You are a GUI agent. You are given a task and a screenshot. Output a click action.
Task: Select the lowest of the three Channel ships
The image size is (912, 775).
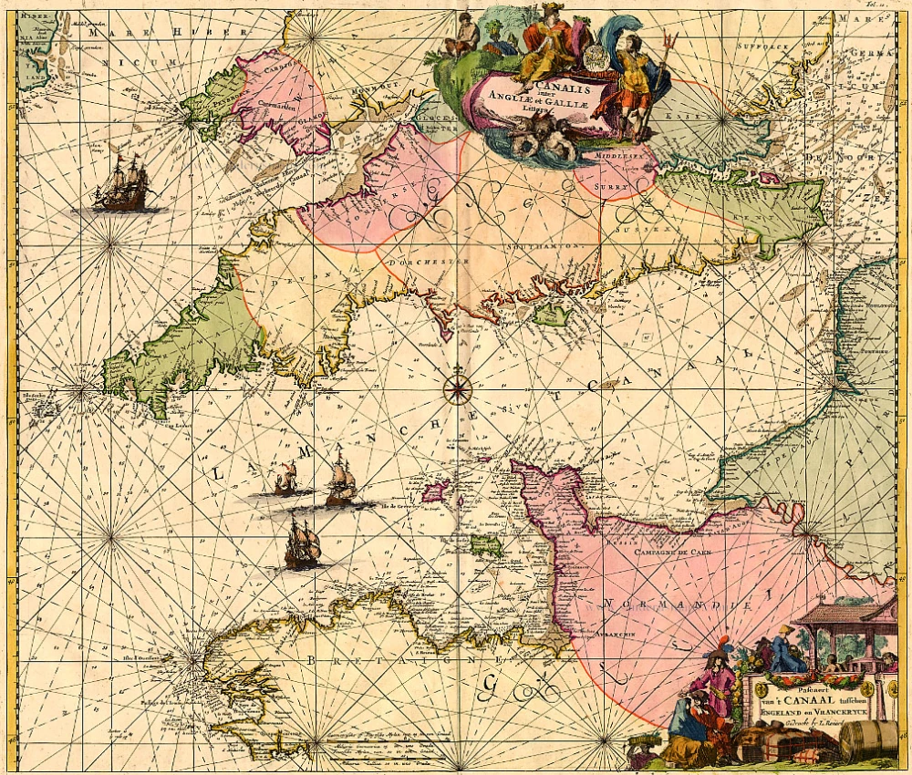point(302,544)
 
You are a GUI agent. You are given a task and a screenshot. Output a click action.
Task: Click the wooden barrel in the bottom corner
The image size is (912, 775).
point(868,739)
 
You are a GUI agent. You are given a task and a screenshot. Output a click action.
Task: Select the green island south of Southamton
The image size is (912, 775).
point(552,314)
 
